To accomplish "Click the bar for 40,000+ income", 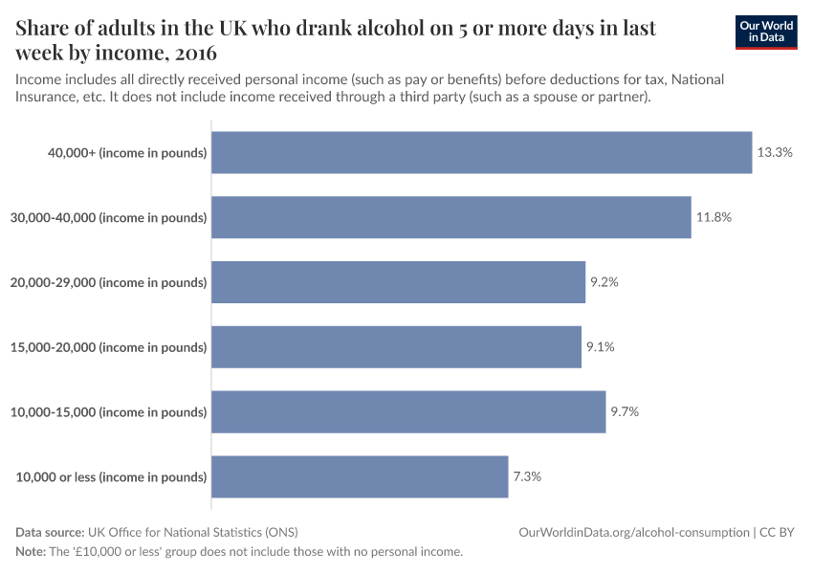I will pos(481,152).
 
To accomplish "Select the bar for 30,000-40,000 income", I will pos(450,217).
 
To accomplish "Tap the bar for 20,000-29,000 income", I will pos(398,282).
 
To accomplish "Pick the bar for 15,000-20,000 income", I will pos(396,347).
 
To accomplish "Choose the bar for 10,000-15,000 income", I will pos(408,412).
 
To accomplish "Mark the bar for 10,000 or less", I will pos(360,477).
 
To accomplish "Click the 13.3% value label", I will pos(775,152).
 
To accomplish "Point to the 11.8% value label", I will pos(714,217).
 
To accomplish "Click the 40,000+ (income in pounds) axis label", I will pos(127,153).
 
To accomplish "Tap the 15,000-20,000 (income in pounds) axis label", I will pos(108,348).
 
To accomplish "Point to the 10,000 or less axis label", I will pos(111,477).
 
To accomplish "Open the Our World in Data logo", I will pos(766,33).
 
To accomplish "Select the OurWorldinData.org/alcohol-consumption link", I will pos(634,533).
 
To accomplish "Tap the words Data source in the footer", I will pos(49,533).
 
